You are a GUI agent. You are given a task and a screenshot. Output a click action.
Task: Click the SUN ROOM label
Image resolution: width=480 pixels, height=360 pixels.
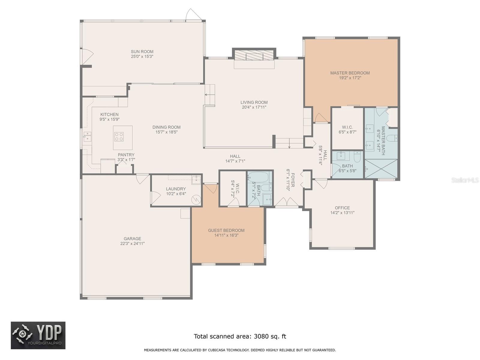click(x=142, y=52)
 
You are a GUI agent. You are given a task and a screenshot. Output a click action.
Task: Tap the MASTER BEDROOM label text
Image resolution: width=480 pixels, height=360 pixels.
click(x=350, y=73)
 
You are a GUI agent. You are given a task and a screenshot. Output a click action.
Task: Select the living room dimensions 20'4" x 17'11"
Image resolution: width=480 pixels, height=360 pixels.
click(x=254, y=107)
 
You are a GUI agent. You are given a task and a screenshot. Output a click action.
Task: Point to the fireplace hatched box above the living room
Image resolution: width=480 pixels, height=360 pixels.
click(x=254, y=55)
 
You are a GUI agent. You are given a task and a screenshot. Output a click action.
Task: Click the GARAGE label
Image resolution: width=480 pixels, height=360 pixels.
click(x=132, y=239)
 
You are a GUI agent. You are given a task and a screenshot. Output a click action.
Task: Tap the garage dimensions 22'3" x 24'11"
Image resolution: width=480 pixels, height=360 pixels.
click(x=132, y=244)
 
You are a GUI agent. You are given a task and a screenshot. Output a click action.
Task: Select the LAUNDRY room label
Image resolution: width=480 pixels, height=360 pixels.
click(x=176, y=189)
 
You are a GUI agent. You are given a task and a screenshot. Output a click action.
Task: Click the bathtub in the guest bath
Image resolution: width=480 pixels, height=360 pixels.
click(x=259, y=177)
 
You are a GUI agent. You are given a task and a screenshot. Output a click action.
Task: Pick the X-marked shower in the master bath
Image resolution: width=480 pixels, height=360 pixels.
click(x=381, y=169)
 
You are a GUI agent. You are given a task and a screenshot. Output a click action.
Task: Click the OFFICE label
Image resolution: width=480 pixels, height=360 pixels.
click(x=342, y=208)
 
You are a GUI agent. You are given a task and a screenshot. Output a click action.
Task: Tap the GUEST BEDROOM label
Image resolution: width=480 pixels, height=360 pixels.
click(x=226, y=230)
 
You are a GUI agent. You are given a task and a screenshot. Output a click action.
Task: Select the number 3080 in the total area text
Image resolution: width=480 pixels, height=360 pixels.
click(x=261, y=336)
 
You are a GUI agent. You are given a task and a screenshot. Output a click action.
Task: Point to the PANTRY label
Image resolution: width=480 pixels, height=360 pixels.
click(x=126, y=155)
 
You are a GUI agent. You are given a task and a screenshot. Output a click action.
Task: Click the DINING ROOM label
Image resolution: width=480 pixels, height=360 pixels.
click(x=166, y=127)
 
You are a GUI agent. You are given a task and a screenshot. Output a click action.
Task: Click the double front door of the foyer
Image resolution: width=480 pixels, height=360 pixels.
click(x=287, y=202)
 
